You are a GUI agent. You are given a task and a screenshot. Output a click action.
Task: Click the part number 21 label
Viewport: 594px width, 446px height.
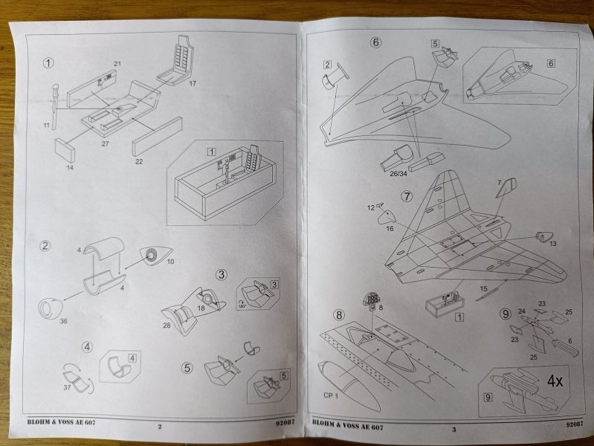click(117, 63)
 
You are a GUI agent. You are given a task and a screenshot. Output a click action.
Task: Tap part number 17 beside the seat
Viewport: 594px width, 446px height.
click(192, 83)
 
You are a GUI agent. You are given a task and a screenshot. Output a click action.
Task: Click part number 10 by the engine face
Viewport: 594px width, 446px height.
click(170, 261)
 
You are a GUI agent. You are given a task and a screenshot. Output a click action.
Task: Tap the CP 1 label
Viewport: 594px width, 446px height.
click(331, 395)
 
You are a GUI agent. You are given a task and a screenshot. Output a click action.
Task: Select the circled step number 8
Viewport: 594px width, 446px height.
click(340, 314)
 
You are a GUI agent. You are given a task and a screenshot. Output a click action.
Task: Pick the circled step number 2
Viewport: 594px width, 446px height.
click(46, 245)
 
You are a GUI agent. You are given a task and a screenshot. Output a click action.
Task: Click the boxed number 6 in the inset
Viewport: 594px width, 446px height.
click(551, 63)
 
